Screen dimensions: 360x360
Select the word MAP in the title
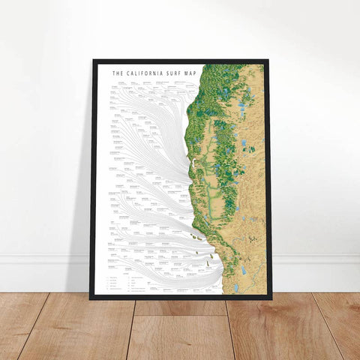point(189,73)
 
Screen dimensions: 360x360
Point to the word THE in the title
point(117,73)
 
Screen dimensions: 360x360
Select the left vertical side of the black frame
point(93,180)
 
